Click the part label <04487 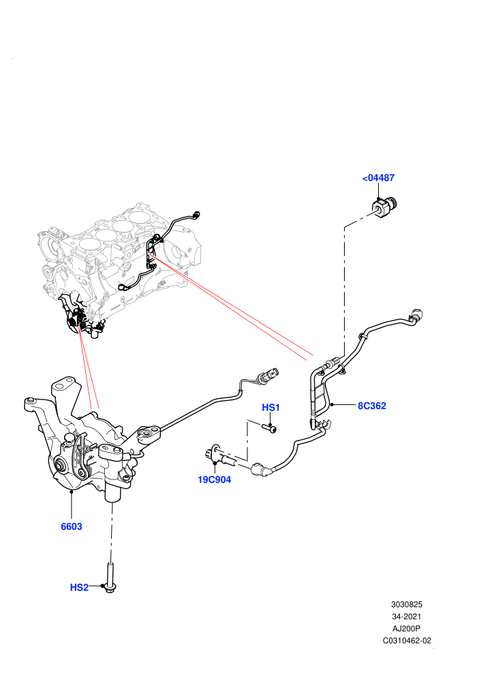tap(378, 178)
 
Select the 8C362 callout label tap(372, 406)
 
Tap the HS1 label tap(271, 407)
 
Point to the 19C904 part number tap(214, 479)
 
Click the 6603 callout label tap(72, 526)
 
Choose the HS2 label tap(79, 587)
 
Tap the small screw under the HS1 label tap(268, 427)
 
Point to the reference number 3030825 tap(406, 604)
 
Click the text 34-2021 tap(406, 616)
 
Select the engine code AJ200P tap(406, 629)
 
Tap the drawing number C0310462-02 tap(407, 640)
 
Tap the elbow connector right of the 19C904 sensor tap(262, 469)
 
